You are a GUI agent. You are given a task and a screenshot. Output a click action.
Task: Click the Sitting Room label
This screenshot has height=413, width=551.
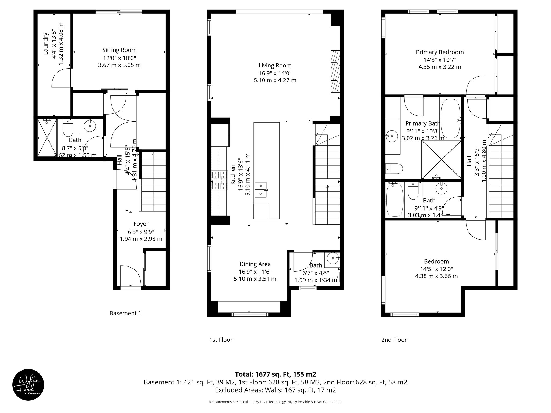(x=119, y=50)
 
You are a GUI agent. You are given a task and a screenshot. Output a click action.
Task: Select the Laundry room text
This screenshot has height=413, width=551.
(x=46, y=44)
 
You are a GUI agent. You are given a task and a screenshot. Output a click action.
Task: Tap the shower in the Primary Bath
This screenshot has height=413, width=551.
(x=441, y=159)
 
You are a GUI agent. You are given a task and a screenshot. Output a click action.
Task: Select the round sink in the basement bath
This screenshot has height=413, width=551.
(x=90, y=126)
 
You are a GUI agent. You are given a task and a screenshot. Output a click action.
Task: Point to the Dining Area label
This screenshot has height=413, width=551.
(x=255, y=264)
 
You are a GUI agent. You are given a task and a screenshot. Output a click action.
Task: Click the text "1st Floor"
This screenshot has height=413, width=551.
(x=221, y=340)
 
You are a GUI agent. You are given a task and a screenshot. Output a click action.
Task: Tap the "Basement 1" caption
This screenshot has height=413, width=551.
(x=125, y=313)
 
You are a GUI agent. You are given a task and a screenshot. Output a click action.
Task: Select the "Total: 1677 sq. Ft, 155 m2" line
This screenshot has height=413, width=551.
(x=275, y=374)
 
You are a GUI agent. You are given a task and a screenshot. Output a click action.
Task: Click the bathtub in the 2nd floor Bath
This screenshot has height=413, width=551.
(x=394, y=200)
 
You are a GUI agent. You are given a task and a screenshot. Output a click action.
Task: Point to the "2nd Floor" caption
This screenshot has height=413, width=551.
(x=394, y=340)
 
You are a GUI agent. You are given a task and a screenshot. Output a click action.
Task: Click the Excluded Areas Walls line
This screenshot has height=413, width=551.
(x=275, y=390)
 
